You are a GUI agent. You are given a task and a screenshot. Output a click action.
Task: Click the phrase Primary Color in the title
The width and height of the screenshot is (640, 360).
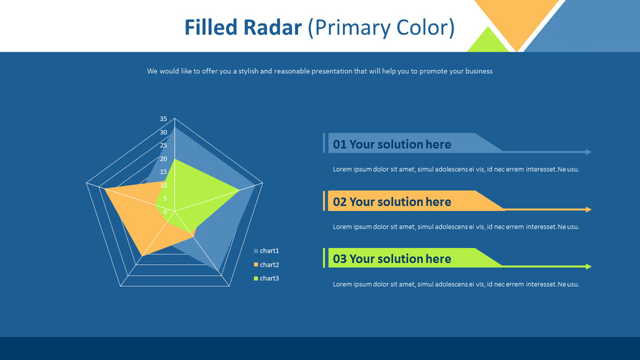381,28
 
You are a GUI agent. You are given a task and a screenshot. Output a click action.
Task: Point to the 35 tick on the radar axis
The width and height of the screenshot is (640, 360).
163,119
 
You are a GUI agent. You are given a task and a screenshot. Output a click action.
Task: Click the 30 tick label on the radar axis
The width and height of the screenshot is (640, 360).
163,132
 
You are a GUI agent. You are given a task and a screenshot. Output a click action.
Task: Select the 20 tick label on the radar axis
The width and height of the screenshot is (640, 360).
163,159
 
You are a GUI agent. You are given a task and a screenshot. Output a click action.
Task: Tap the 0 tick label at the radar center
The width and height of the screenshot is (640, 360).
165,212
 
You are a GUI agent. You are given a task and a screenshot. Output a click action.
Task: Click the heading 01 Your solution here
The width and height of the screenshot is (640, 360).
392,144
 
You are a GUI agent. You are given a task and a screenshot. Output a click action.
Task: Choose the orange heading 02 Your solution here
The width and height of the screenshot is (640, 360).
392,202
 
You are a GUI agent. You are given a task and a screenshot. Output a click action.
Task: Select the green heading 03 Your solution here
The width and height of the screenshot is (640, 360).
392,259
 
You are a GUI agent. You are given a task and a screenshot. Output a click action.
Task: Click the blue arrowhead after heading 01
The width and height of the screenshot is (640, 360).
588,152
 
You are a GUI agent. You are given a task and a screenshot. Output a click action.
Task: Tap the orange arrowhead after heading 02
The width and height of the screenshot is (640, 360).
588,210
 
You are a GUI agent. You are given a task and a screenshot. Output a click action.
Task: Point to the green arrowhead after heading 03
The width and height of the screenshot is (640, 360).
588,267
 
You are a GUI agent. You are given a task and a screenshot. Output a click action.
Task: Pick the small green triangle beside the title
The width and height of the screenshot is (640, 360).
488,42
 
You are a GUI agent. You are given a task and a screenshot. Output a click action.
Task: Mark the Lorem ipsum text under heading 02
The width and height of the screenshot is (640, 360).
456,227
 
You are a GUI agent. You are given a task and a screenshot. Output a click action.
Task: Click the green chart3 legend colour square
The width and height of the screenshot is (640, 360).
256,278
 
